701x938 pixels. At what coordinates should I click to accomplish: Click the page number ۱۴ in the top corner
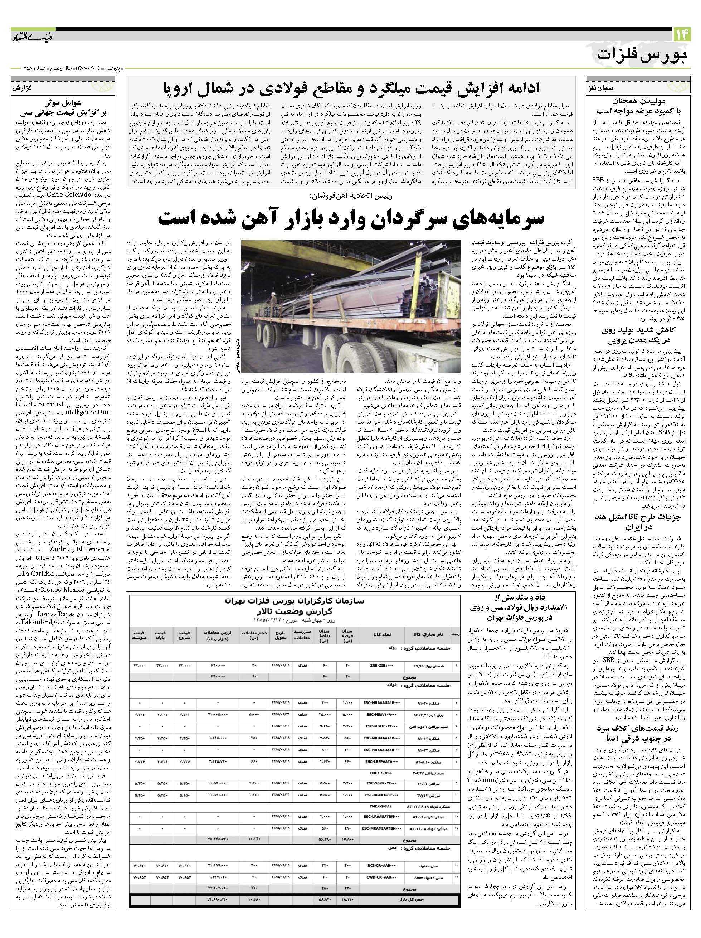coord(682,34)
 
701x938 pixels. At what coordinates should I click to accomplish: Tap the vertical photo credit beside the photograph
coord(237,356)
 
